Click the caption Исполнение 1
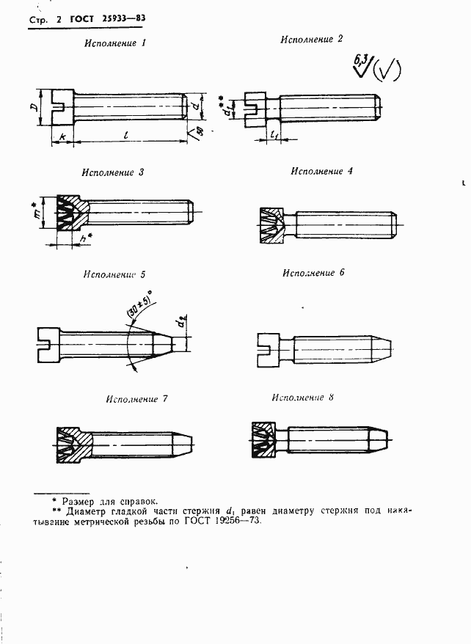click(x=116, y=43)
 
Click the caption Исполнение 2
click(x=312, y=40)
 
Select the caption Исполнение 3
click(x=113, y=173)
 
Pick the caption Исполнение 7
click(x=136, y=400)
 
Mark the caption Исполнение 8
click(x=302, y=398)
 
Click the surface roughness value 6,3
click(x=361, y=61)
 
